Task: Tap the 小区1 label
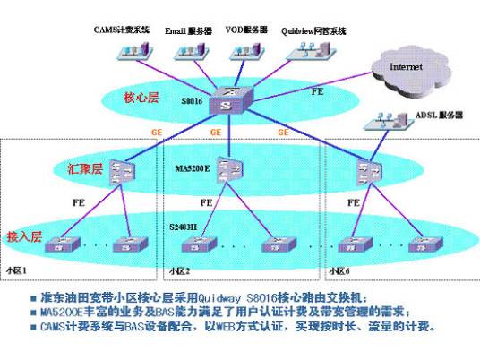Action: coord(17,270)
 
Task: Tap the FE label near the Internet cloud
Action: coord(316,90)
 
